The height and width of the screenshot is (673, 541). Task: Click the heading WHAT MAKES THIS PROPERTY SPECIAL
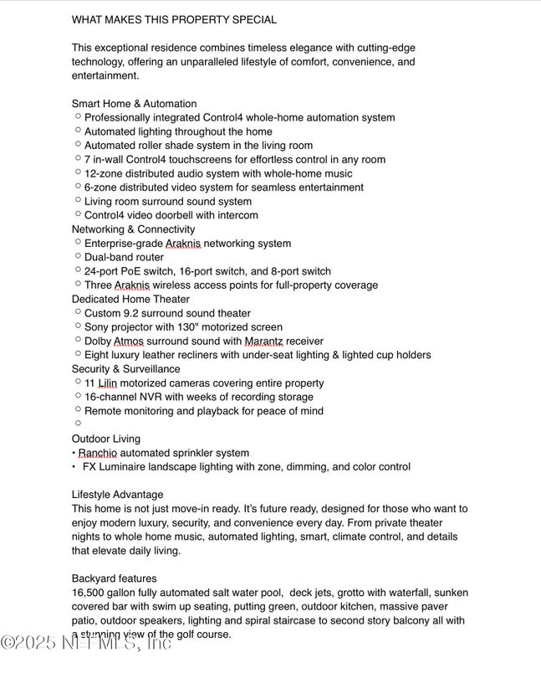174,19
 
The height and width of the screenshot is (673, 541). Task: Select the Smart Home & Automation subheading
134,104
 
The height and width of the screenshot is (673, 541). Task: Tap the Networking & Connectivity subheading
133,229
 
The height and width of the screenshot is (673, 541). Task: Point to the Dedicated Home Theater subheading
130,299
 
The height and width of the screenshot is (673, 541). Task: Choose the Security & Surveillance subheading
125,369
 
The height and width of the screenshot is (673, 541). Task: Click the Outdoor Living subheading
106,439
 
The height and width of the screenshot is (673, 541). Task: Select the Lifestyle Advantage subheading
118,495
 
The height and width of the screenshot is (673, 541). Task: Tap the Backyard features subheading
114,578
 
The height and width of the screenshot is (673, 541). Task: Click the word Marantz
265,342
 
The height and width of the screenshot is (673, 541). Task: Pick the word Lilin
107,383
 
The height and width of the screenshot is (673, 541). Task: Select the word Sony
96,327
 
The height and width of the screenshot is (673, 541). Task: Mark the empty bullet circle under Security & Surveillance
78,424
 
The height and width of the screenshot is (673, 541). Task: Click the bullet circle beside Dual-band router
78,256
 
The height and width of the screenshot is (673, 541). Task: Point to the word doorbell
195,215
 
